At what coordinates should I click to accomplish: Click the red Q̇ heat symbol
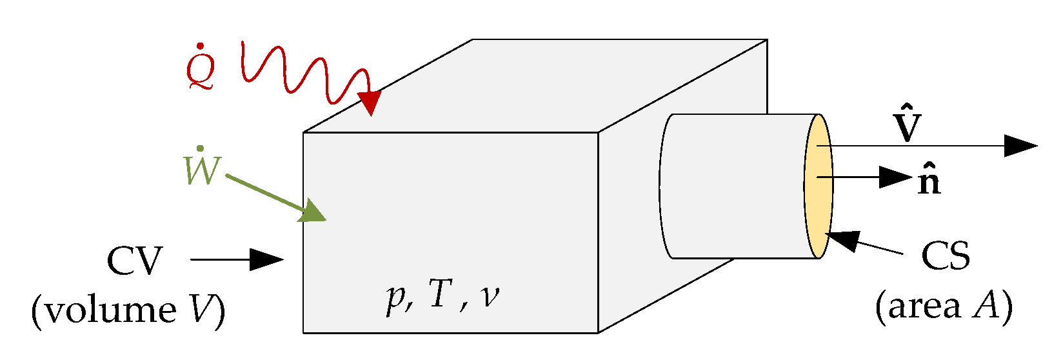[x=201, y=69]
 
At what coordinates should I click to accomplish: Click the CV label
[x=134, y=261]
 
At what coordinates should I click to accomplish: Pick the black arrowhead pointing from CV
[x=266, y=259]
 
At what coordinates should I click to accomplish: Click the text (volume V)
[x=128, y=310]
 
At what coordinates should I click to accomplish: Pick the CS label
[x=945, y=256]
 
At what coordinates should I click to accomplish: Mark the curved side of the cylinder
[x=735, y=187]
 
